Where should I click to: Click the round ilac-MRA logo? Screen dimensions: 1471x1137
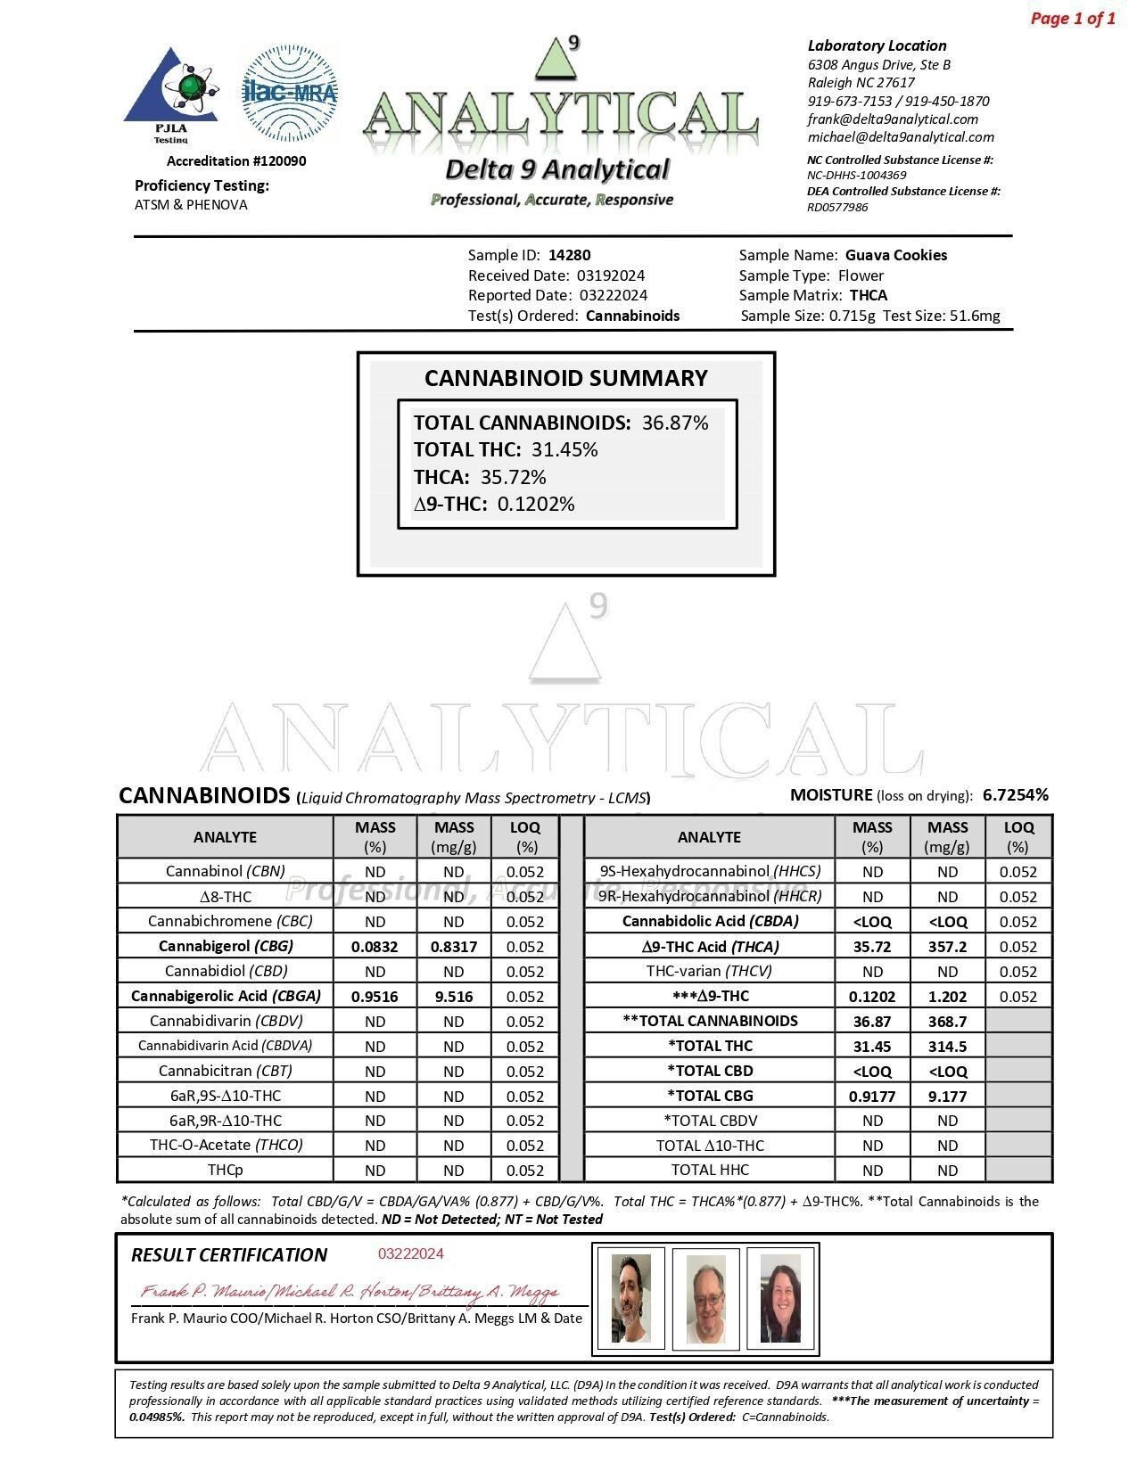[290, 93]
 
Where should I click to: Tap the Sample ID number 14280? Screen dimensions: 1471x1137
[569, 255]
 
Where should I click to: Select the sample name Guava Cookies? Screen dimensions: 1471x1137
[895, 255]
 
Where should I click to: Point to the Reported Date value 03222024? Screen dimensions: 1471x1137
[613, 295]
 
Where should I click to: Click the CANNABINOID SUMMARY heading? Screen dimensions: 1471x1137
[565, 378]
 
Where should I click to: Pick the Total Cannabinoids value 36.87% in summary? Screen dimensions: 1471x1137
[675, 423]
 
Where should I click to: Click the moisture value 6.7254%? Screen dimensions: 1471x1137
[1015, 794]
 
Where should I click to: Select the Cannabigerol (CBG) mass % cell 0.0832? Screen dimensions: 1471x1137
[375, 947]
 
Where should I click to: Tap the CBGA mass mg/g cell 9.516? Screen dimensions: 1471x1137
[453, 997]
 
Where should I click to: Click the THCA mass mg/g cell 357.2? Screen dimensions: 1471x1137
[947, 947]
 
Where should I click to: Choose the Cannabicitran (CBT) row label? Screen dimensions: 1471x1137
[226, 1071]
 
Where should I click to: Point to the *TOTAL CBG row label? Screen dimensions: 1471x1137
[710, 1096]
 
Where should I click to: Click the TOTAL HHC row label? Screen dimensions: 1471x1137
[710, 1170]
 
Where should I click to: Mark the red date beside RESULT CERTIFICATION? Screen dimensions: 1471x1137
[410, 1253]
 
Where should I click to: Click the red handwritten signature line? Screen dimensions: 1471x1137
[350, 1292]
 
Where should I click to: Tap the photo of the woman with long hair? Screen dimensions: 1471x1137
[780, 1298]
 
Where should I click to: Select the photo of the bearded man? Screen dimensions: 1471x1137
[631, 1298]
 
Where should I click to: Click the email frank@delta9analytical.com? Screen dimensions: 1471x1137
[893, 119]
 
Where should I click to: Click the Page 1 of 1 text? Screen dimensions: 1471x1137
[1072, 19]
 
